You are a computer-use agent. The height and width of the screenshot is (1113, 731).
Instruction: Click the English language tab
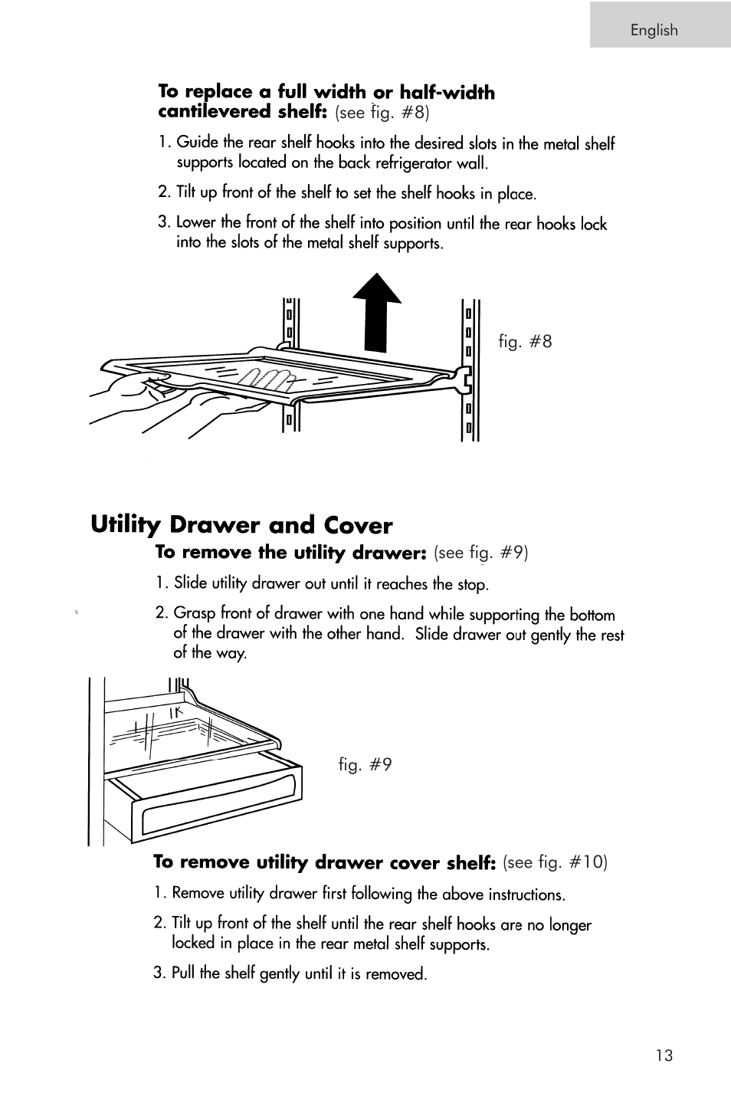(x=654, y=30)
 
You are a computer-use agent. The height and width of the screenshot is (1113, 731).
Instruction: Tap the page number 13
(x=664, y=1056)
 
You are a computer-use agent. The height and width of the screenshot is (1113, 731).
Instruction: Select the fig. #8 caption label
(x=525, y=342)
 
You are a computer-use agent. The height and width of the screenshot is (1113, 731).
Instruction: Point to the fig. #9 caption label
(x=365, y=764)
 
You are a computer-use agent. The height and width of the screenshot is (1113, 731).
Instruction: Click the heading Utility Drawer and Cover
(x=241, y=525)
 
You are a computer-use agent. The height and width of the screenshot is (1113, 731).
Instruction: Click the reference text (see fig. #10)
(x=555, y=862)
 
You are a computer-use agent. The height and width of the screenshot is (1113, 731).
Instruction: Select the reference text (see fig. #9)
(x=481, y=553)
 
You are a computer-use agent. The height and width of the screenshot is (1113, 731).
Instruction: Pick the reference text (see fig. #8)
(x=382, y=113)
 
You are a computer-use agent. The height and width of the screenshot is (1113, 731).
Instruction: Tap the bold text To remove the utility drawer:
(x=290, y=553)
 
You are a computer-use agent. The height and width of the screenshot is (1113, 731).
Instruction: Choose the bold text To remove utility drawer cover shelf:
(x=325, y=862)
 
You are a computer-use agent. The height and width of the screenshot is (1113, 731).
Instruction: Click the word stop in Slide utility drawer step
(x=471, y=584)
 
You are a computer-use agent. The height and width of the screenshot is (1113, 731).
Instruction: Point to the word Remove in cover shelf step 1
(x=198, y=893)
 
